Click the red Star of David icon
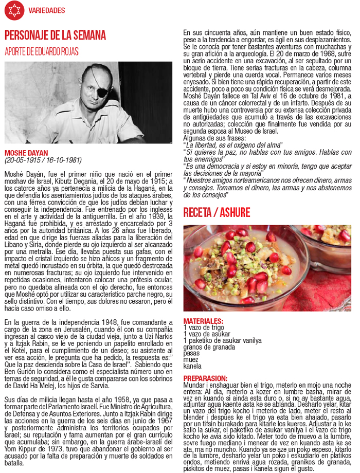[x=14, y=10]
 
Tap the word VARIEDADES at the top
[x=46, y=10]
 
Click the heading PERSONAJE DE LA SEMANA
[x=55, y=35]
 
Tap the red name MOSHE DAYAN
[x=26, y=153]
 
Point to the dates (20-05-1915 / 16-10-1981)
[x=43, y=160]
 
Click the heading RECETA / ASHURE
[x=217, y=212]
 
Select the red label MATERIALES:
[x=203, y=321]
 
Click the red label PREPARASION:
[x=205, y=378]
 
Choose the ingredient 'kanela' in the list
[x=192, y=367]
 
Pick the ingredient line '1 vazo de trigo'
[x=204, y=328]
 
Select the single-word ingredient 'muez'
[x=191, y=360]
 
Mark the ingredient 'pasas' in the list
[x=192, y=354]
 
